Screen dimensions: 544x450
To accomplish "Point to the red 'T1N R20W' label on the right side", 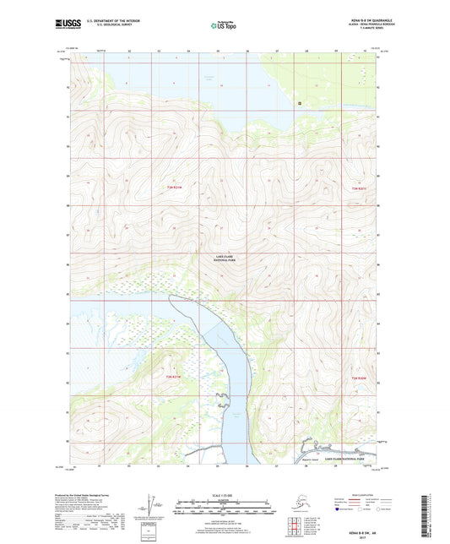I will [359, 378].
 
